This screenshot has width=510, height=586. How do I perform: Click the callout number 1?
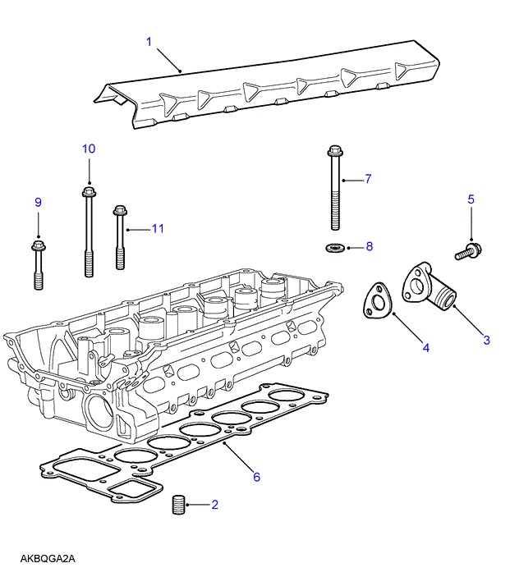pyautogui.click(x=149, y=42)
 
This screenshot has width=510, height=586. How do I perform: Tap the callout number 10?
pyautogui.click(x=89, y=149)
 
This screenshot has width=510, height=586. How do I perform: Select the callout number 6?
pyautogui.click(x=256, y=477)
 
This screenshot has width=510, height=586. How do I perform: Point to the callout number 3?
pyautogui.click(x=486, y=340)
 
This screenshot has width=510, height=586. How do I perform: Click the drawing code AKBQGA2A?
pyautogui.click(x=48, y=559)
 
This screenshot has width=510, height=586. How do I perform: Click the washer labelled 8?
pyautogui.click(x=334, y=247)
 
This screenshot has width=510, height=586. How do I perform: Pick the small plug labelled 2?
pyautogui.click(x=179, y=505)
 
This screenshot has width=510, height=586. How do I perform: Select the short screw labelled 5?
pyautogui.click(x=468, y=251)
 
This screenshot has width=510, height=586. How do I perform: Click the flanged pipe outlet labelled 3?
pyautogui.click(x=428, y=286)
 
